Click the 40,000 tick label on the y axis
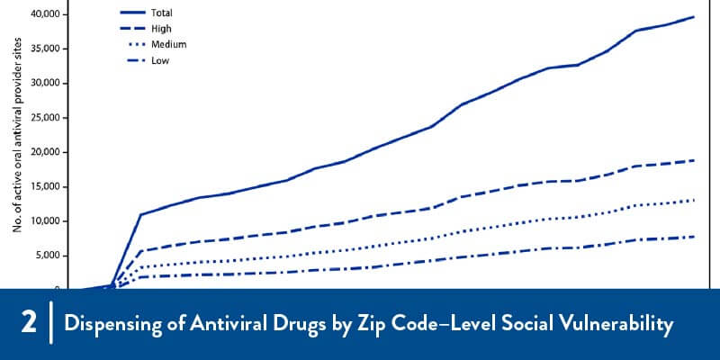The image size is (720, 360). [46, 14]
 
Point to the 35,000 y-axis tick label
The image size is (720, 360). [46, 49]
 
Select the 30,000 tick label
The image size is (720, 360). [46, 83]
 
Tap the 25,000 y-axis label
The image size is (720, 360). [46, 118]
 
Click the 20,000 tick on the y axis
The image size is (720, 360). [46, 152]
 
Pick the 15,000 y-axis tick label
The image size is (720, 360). [46, 186]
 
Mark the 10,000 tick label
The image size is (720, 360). [46, 221]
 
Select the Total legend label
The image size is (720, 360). [161, 13]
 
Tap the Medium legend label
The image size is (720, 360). [167, 44]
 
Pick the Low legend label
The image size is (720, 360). [159, 60]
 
